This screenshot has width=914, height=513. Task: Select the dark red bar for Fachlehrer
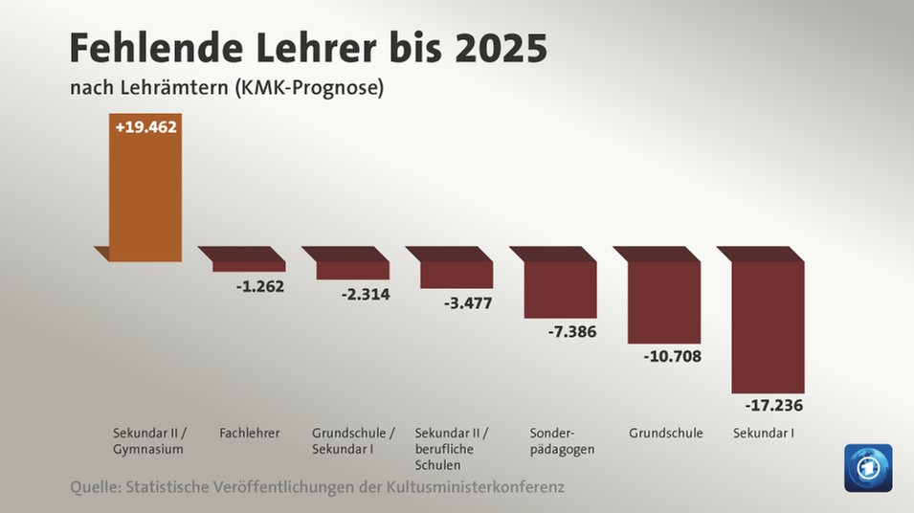(248, 265)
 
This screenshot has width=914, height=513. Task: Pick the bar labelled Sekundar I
(768, 325)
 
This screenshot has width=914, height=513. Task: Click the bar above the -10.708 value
(664, 301)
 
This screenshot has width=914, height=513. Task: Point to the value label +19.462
(145, 126)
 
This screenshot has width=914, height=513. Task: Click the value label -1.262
(260, 285)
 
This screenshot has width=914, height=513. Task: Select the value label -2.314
(365, 294)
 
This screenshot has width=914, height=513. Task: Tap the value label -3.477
(468, 303)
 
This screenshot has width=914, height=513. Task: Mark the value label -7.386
(572, 332)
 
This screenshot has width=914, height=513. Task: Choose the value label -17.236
(773, 406)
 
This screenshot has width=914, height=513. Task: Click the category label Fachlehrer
(249, 434)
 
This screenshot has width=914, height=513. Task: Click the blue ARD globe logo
(867, 468)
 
